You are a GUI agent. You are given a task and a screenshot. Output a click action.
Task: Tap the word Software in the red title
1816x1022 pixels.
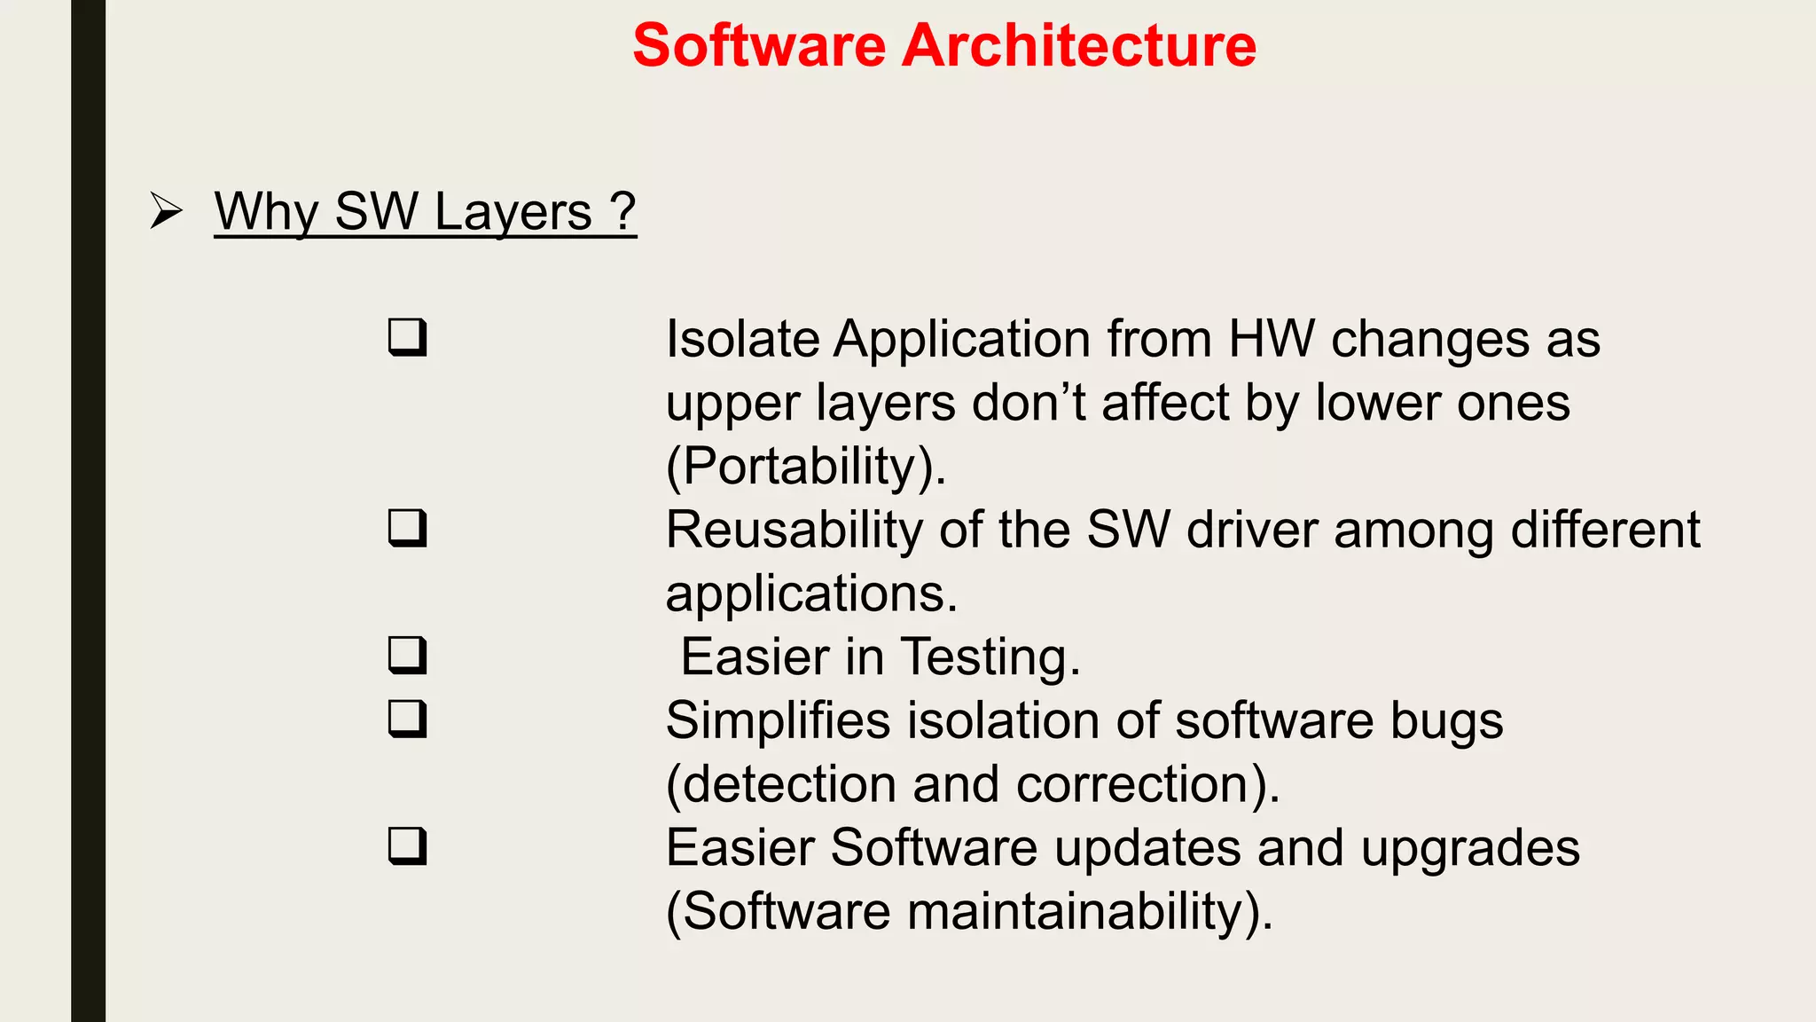click(x=759, y=45)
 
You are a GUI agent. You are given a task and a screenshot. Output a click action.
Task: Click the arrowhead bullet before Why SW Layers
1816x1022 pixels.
click(x=166, y=211)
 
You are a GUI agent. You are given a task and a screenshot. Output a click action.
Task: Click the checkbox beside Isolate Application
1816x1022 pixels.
click(x=407, y=338)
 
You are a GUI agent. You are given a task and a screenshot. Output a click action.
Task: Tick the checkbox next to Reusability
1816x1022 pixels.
click(x=407, y=529)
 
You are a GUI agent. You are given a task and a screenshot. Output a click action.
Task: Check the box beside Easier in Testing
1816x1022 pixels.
click(x=407, y=656)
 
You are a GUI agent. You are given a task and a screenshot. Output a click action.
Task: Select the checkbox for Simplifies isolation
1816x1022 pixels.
click(x=407, y=719)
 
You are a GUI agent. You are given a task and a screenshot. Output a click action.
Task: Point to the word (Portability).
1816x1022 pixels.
click(x=805, y=467)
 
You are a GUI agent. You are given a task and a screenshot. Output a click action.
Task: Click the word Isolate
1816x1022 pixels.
click(x=742, y=340)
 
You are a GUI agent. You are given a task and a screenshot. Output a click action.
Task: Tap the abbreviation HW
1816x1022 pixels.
click(x=1271, y=340)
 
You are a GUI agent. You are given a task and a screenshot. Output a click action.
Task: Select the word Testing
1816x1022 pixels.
click(x=990, y=658)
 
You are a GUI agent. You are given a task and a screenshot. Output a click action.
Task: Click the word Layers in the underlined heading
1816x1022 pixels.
click(x=513, y=213)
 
